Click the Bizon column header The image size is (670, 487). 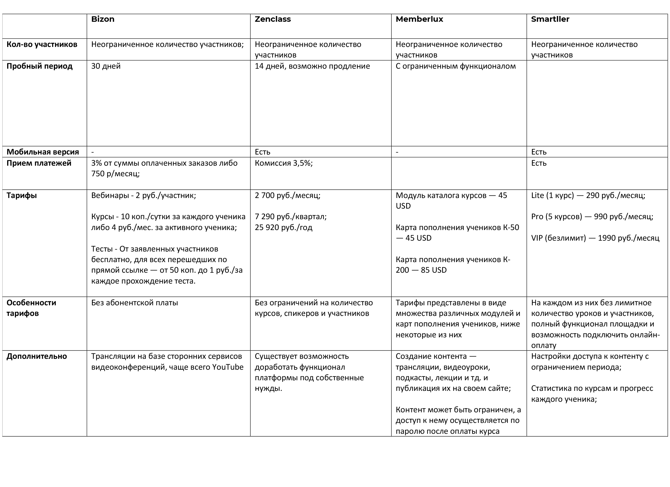tap(103, 19)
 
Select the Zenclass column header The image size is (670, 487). tap(272, 19)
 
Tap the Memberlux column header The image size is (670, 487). tap(419, 19)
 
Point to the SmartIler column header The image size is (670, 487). tap(550, 19)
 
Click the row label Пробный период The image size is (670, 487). tap(39, 66)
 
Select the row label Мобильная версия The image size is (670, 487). tap(43, 152)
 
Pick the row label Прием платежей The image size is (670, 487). tap(39, 163)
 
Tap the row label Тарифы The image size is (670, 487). tap(21, 195)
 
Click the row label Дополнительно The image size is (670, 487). tap(37, 356)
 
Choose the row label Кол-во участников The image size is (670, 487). tap(42, 44)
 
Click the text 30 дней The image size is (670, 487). tap(106, 66)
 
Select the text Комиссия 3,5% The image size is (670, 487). tap(284, 163)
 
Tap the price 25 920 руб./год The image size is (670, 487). tap(283, 227)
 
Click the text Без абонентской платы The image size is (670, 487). tap(134, 302)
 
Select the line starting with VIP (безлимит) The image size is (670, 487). tap(595, 238)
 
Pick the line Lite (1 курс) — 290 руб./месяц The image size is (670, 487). tap(588, 195)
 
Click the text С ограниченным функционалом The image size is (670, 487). tap(455, 66)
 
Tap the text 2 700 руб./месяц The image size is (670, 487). tap(287, 195)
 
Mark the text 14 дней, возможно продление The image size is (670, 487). tap(312, 66)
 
